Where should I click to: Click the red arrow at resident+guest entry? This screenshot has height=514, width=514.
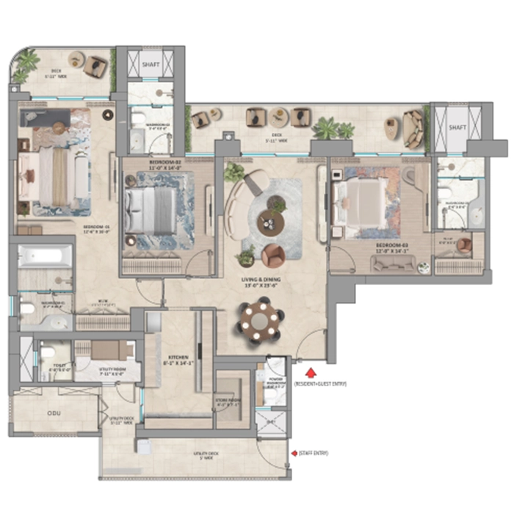pos(311,373)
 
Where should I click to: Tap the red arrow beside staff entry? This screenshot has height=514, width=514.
pos(294,454)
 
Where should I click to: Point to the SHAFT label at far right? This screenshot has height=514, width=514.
pos(457,127)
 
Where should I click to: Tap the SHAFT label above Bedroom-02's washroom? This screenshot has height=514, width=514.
pos(150,64)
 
